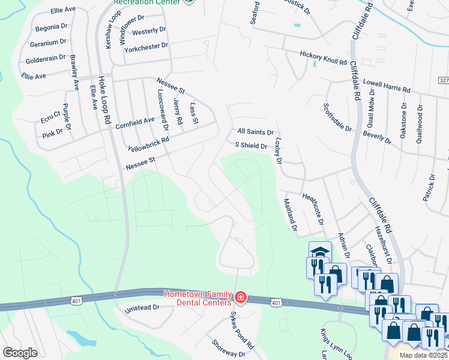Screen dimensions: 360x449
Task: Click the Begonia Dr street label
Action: pyautogui.click(x=52, y=27)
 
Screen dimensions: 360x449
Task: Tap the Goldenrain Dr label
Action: pyautogui.click(x=46, y=61)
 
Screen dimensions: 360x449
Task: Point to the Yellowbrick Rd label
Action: pyautogui.click(x=149, y=144)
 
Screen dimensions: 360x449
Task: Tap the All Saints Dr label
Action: pyautogui.click(x=255, y=132)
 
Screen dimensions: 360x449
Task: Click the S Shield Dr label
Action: pyautogui.click(x=250, y=145)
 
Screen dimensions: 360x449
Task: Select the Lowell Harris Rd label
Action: pyautogui.click(x=387, y=85)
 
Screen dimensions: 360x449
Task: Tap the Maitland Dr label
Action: pyautogui.click(x=290, y=215)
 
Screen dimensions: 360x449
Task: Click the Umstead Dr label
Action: pyautogui.click(x=142, y=307)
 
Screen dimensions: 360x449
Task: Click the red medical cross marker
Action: pyautogui.click(x=240, y=297)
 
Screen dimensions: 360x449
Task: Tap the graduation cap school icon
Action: pyautogui.click(x=320, y=251)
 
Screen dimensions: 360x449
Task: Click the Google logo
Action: pyautogui.click(x=20, y=353)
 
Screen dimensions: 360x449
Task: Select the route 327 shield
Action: pyautogui.click(x=444, y=80)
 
